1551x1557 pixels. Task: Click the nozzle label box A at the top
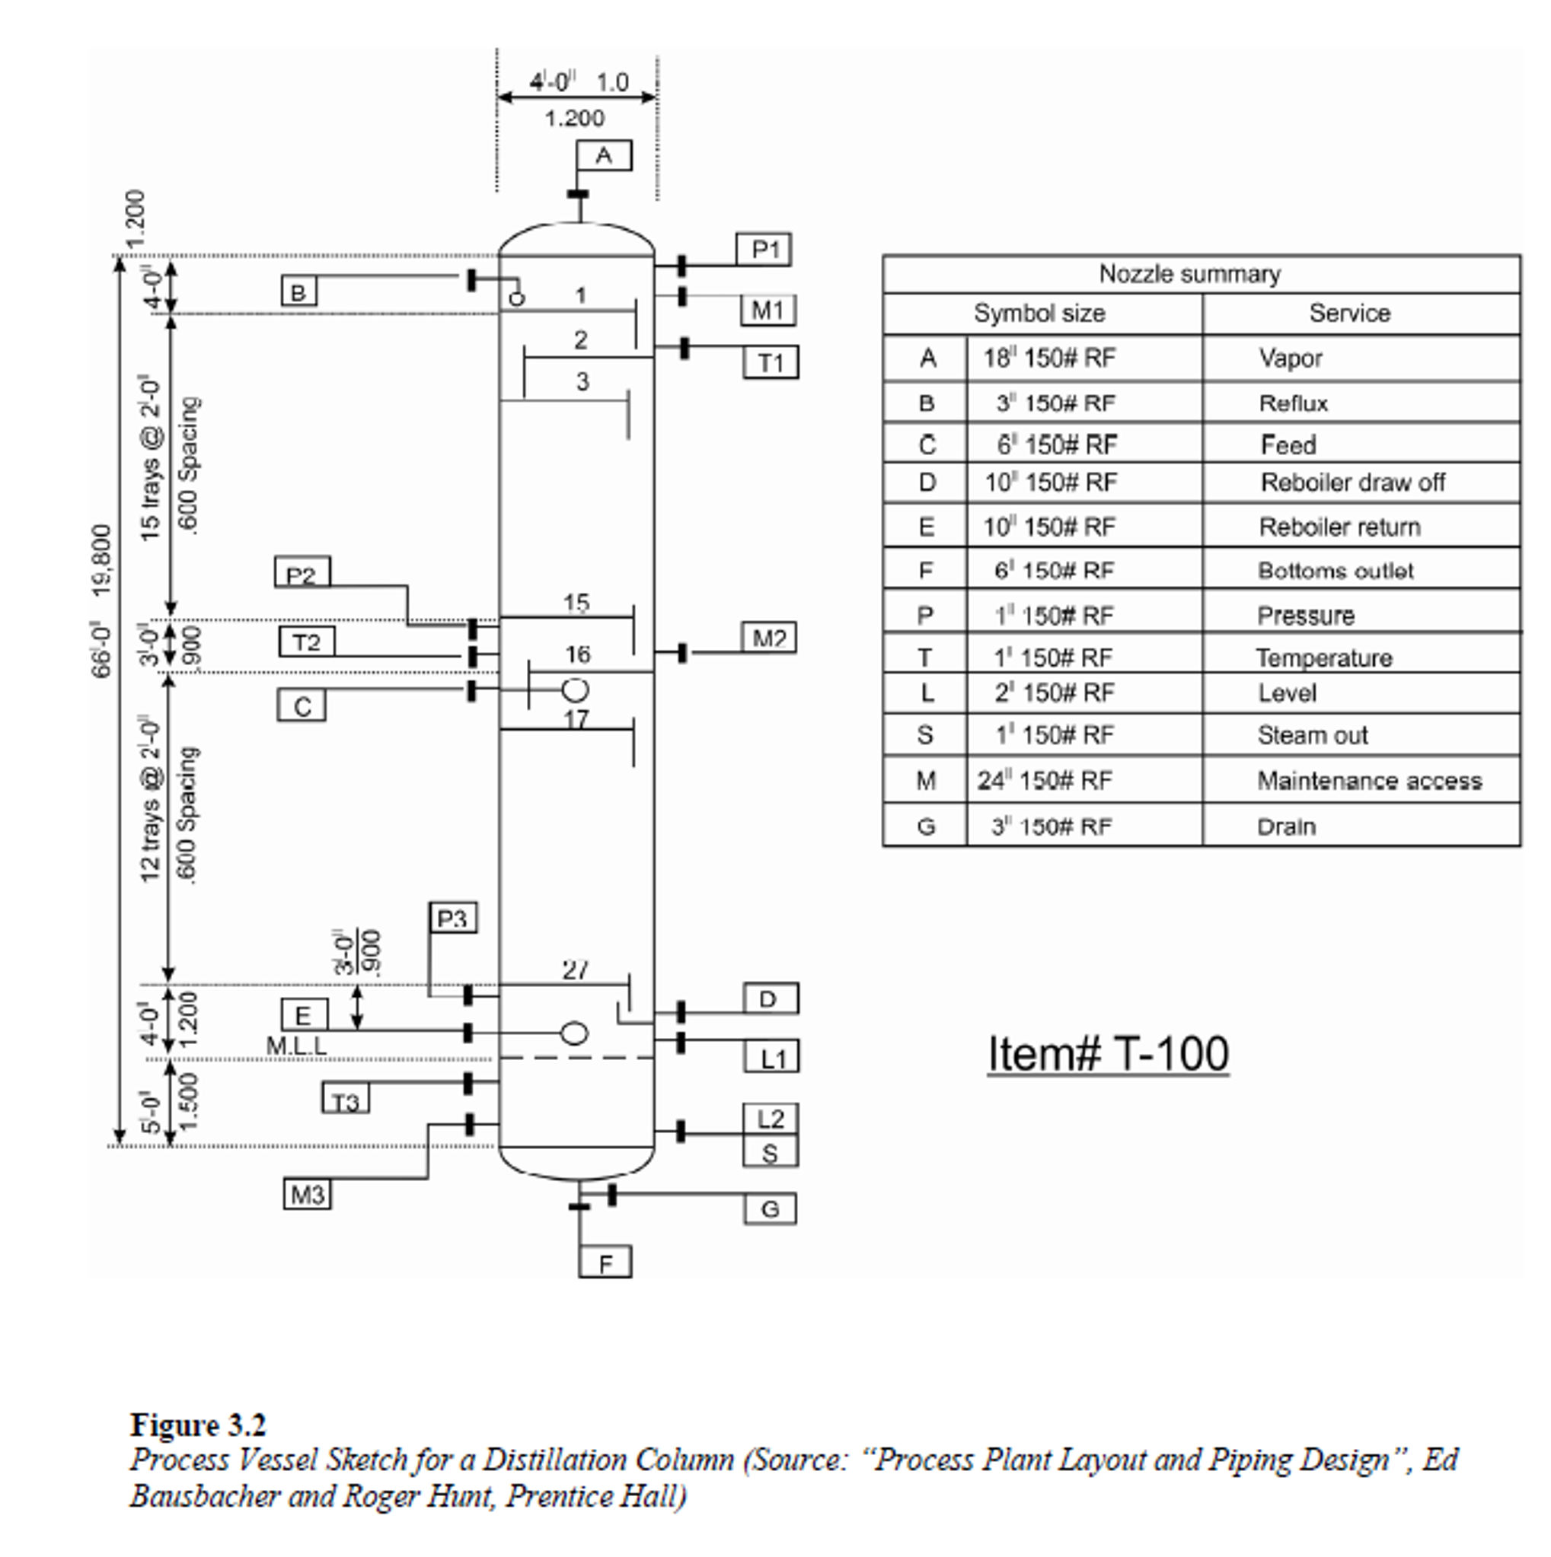pyautogui.click(x=604, y=155)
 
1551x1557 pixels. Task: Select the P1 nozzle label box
pyautogui.click(x=764, y=249)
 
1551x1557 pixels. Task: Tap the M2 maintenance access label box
pyautogui.click(x=768, y=638)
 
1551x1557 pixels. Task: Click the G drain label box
pyautogui.click(x=770, y=1209)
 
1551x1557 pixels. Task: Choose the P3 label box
pyautogui.click(x=452, y=918)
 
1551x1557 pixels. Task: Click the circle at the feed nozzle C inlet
pyautogui.click(x=575, y=690)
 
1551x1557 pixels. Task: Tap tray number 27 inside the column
pyautogui.click(x=575, y=970)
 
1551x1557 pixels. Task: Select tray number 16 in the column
pyautogui.click(x=577, y=654)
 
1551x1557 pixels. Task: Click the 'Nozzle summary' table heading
pyautogui.click(x=1189, y=275)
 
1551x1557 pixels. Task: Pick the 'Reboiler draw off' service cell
pyautogui.click(x=1352, y=482)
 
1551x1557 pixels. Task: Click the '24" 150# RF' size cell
pyautogui.click(x=1045, y=780)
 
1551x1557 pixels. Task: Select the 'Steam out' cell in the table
pyautogui.click(x=1312, y=735)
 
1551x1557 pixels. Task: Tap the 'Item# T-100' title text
pyautogui.click(x=1108, y=1053)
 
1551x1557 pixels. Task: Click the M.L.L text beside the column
pyautogui.click(x=297, y=1046)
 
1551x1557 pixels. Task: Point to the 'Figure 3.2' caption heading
pyautogui.click(x=197, y=1425)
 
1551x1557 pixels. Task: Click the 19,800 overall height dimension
pyautogui.click(x=102, y=561)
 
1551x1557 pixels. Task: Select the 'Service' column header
pyautogui.click(x=1348, y=314)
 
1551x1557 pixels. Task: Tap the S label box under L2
pyautogui.click(x=770, y=1153)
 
